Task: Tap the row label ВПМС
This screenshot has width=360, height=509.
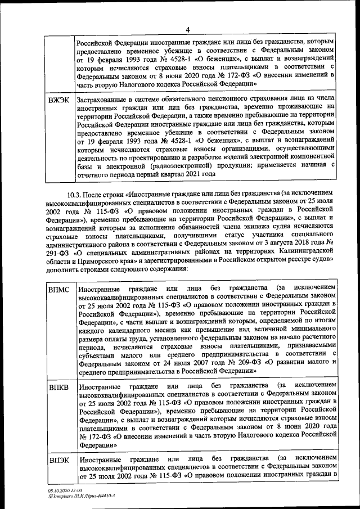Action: click(60, 290)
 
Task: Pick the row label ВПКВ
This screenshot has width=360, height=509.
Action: click(60, 388)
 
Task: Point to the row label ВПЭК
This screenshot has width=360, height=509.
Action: click(60, 461)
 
